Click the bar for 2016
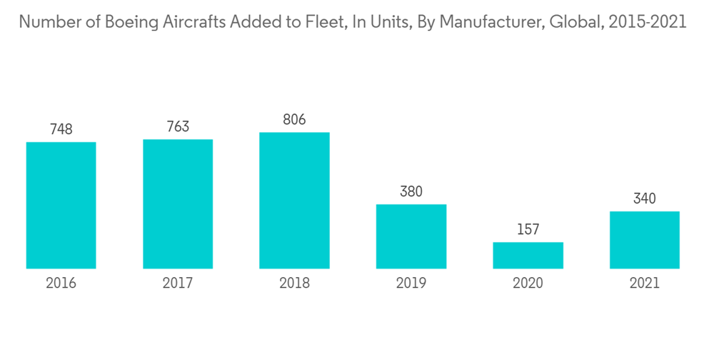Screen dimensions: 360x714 [x=61, y=206]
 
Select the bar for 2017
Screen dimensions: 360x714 [x=178, y=204]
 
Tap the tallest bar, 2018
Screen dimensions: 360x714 [x=294, y=201]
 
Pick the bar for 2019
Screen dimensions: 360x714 [x=411, y=236]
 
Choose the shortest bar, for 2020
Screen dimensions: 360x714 [x=528, y=256]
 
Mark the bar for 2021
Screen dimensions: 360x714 [x=644, y=240]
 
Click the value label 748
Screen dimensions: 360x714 [x=61, y=129]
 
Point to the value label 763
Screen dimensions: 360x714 [x=178, y=126]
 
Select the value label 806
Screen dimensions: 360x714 [x=294, y=119]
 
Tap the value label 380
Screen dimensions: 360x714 [x=411, y=191]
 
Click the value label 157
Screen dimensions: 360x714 [x=528, y=229]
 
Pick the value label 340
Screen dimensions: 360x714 [x=644, y=199]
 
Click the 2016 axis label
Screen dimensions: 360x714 [x=61, y=284]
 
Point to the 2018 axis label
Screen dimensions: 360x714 [x=294, y=284]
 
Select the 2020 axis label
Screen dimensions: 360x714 [x=528, y=284]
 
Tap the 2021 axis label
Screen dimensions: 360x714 [x=644, y=284]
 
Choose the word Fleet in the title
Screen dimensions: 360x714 [x=326, y=22]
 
